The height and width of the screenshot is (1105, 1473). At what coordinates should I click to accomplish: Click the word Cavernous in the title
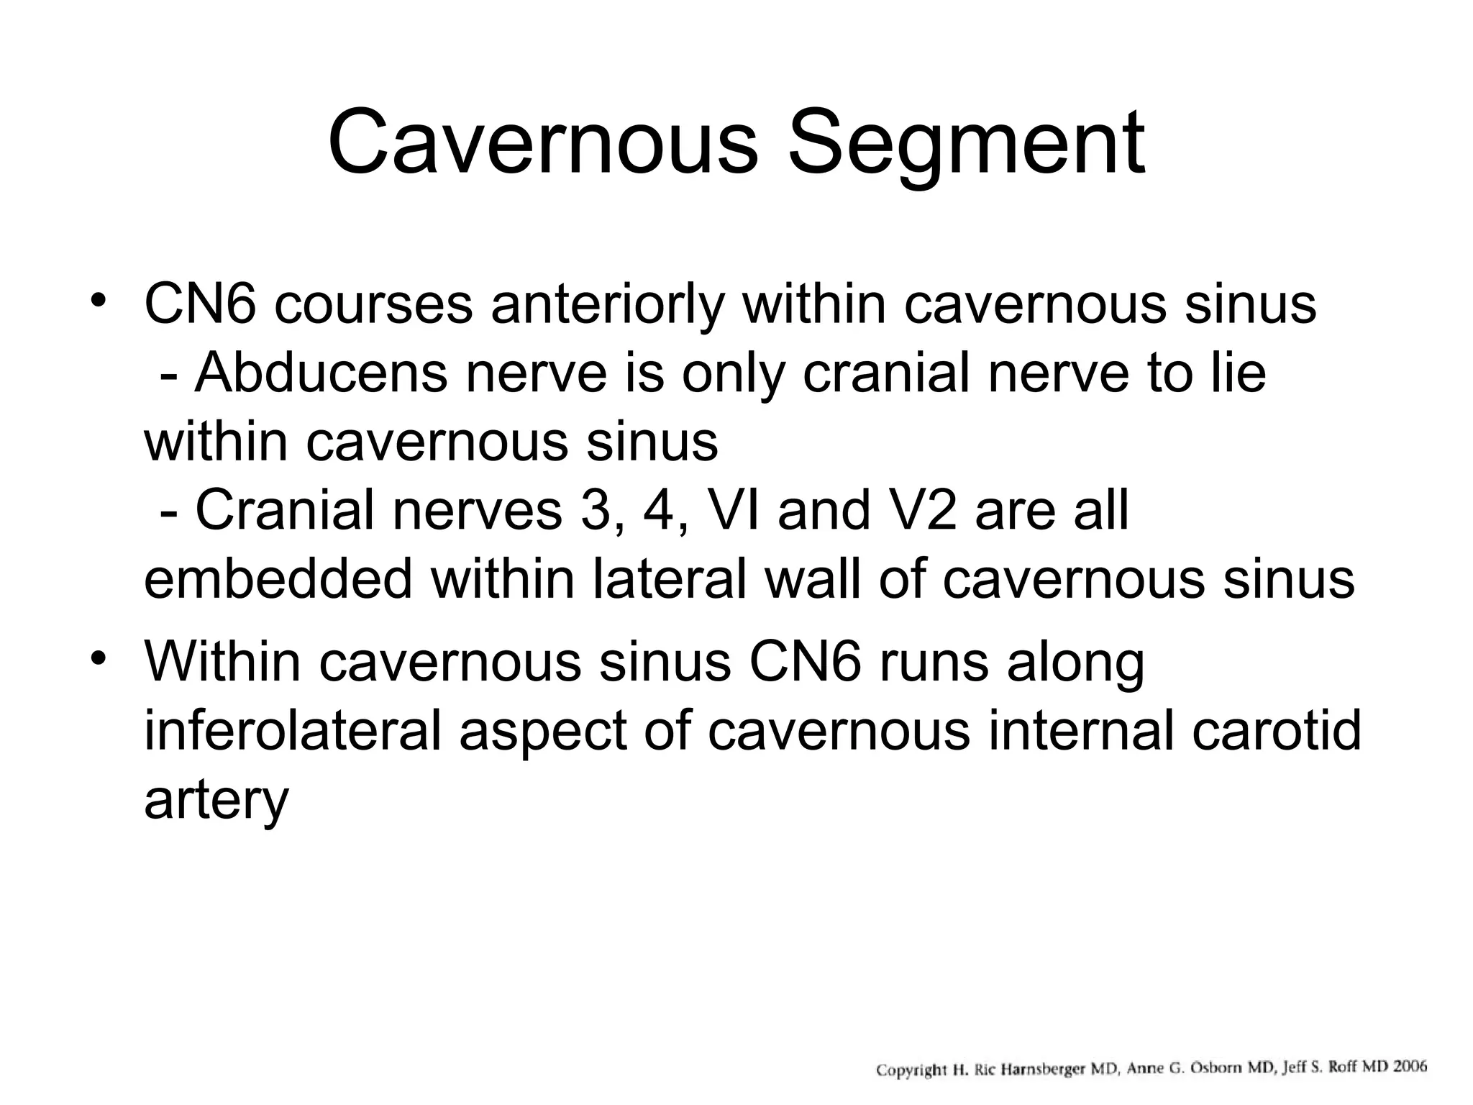544,144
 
